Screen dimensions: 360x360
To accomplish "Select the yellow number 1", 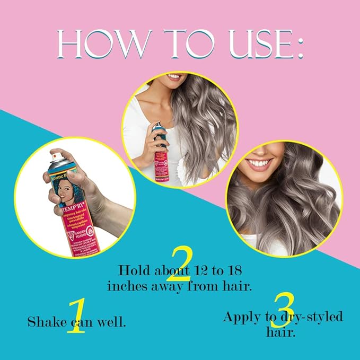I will (x=76, y=315).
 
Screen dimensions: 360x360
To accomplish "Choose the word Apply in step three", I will (x=242, y=317).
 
